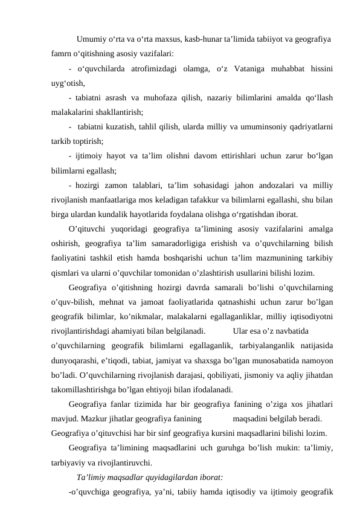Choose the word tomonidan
tap(192, 273)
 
